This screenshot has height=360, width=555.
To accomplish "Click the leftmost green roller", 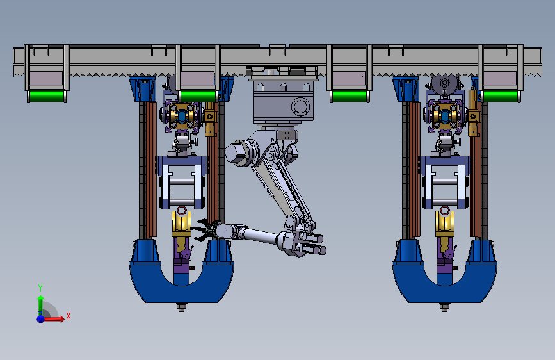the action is [47, 96].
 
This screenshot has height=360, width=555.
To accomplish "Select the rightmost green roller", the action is [501, 96].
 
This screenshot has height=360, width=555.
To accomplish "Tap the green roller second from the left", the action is [198, 96].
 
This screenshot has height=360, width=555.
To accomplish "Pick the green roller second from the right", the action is [350, 96].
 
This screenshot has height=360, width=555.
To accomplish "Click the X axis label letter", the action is [68, 316].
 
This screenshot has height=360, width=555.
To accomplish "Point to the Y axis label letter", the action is [40, 288].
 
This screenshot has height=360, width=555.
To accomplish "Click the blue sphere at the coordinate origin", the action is [41, 318].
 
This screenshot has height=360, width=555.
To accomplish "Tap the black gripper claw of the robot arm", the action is [202, 231].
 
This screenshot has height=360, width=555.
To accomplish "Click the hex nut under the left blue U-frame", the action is [181, 307].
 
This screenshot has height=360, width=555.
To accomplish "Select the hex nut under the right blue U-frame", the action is [444, 307].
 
